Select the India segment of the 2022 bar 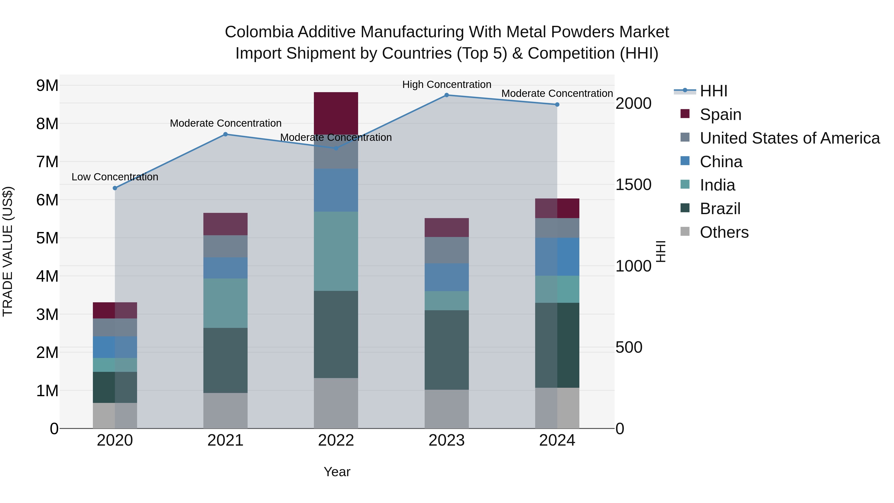(x=335, y=251)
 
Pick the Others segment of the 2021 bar (x=225, y=410)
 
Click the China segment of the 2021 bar (x=225, y=268)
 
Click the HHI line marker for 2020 (x=115, y=188)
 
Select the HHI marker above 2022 (x=335, y=149)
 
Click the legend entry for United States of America (x=789, y=138)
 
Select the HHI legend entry (x=713, y=91)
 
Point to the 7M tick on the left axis (x=47, y=162)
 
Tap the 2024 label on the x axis (x=557, y=440)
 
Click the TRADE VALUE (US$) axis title (x=8, y=251)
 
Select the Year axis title (x=337, y=472)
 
